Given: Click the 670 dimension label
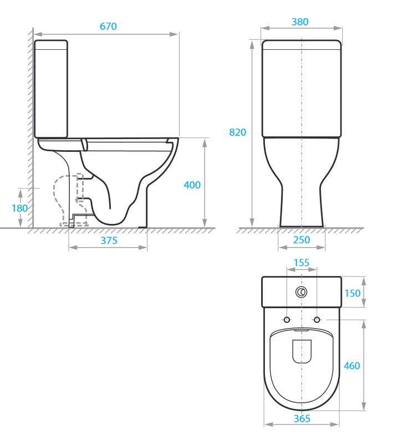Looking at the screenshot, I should (x=108, y=27).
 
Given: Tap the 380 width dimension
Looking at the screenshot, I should (x=299, y=22).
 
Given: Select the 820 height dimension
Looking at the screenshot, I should (x=237, y=132).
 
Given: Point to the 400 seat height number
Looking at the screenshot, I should (x=192, y=185).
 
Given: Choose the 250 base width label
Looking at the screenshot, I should (x=302, y=240).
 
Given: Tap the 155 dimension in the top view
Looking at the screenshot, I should (x=301, y=263).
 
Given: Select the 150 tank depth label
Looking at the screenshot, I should (x=353, y=293).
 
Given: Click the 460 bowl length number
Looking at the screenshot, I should (x=351, y=366).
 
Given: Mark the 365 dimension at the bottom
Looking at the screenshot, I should (x=302, y=418).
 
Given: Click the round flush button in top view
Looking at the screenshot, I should (x=302, y=292).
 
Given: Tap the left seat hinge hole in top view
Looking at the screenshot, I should (x=287, y=320).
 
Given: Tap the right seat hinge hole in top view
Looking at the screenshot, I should (x=317, y=320).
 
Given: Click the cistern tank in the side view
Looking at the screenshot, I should (x=51, y=89).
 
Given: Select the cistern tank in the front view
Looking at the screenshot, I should (x=300, y=89).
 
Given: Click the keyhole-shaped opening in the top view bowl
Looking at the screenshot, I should (x=302, y=350).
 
